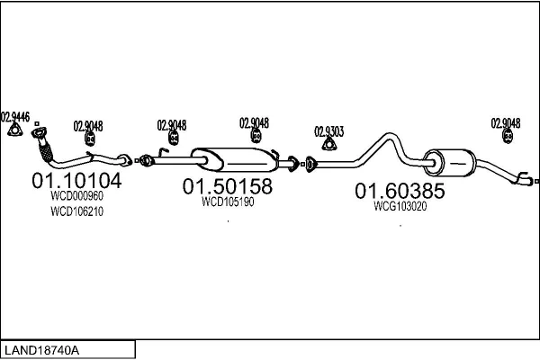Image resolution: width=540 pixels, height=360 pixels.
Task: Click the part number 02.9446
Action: coord(15,116)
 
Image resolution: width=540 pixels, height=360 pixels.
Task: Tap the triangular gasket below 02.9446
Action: coord(14,132)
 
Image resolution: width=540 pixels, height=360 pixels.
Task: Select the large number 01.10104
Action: coord(76,180)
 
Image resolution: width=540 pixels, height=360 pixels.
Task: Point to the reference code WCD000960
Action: coord(76,195)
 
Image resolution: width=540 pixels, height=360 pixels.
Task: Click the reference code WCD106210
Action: coord(76,212)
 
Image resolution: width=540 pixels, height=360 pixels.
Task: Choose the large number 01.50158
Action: coord(227,187)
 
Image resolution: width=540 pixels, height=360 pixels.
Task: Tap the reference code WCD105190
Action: coord(227,202)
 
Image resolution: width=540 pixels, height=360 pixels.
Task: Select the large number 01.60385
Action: coord(399,191)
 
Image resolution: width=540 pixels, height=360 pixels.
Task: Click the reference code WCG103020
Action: coord(400,206)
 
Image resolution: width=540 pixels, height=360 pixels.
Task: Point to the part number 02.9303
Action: coord(328,131)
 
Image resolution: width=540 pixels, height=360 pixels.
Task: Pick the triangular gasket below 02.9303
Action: coord(329,146)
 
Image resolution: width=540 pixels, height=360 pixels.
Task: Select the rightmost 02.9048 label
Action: coord(505,122)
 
